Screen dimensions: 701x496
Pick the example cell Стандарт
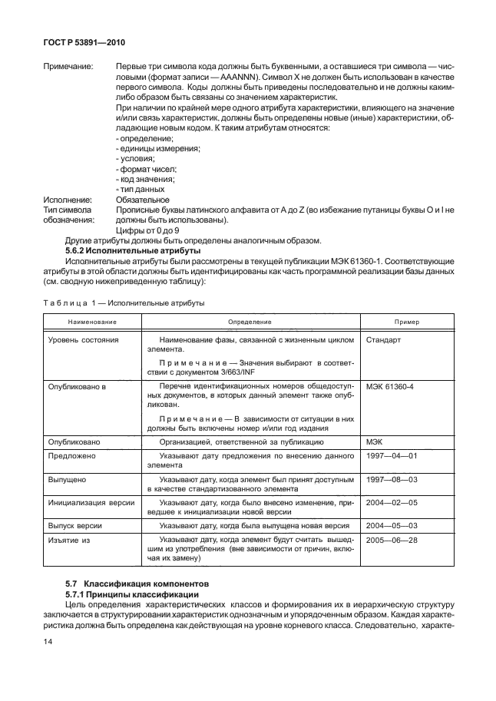(x=384, y=339)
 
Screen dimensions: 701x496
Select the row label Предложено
(x=71, y=455)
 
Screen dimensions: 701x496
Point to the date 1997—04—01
(x=391, y=455)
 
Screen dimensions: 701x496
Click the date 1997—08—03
(x=391, y=479)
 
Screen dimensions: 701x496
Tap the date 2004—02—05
(x=391, y=502)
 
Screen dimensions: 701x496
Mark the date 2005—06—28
(x=391, y=541)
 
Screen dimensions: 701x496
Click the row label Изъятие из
(x=70, y=541)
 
